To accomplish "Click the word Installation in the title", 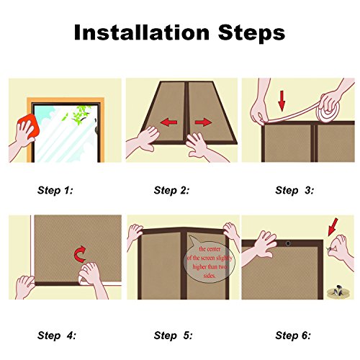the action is (142, 32).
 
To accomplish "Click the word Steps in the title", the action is (251, 34).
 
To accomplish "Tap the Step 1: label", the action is (55, 190).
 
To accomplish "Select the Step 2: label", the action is (171, 190).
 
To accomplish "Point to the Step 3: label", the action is (294, 190).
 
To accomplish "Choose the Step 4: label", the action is (56, 336).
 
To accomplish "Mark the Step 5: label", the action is (173, 336).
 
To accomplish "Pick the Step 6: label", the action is (293, 336).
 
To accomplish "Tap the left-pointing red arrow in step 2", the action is (169, 122).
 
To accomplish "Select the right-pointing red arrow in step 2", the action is (204, 122).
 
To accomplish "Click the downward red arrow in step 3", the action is (282, 101).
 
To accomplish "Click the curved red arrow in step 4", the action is (80, 253).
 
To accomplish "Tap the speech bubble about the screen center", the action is (208, 261).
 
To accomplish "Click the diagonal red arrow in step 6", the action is (333, 227).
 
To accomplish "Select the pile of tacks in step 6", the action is (338, 291).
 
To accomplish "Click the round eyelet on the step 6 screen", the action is (288, 244).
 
